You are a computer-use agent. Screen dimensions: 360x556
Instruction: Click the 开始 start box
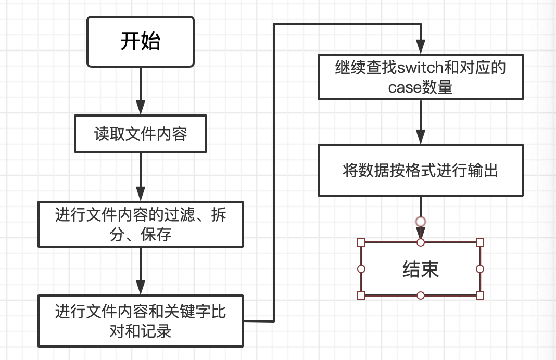[141, 42]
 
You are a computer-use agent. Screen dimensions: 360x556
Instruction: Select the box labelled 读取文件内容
[141, 134]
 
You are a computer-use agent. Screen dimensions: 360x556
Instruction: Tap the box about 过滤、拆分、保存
[141, 224]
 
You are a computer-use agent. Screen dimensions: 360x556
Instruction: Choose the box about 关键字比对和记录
[141, 321]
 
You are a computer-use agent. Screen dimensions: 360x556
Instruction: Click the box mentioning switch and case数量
[421, 78]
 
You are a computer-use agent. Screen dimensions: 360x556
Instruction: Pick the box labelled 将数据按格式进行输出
[421, 170]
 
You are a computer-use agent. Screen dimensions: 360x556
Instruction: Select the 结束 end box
[421, 269]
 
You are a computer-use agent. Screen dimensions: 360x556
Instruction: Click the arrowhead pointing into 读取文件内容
[141, 108]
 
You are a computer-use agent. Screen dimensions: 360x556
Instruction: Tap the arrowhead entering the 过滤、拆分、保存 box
[141, 195]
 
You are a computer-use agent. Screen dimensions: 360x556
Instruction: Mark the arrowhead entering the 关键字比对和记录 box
[141, 287]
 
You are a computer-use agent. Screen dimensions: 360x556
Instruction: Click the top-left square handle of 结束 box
[361, 242]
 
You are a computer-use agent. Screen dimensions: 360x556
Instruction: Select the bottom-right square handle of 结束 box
[480, 295]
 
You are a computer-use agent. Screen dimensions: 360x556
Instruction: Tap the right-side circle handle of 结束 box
[480, 269]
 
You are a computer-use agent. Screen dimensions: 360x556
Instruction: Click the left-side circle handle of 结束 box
[361, 269]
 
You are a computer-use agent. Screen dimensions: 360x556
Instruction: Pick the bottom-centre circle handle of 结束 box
[421, 295]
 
